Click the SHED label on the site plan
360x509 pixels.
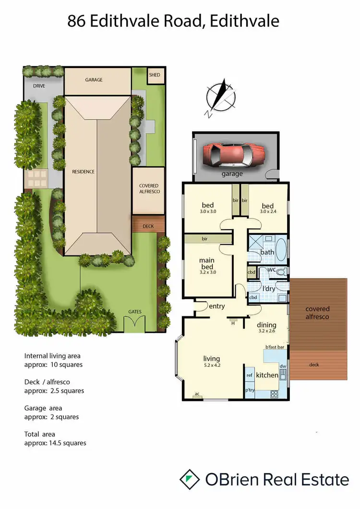point(155,75)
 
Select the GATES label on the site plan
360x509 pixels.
point(135,312)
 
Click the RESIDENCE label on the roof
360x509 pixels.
point(83,171)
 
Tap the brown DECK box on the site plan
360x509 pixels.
point(148,225)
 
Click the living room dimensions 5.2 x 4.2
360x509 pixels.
point(212,365)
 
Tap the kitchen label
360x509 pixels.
point(267,375)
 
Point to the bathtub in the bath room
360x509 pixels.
point(282,248)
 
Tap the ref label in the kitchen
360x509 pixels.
point(250,376)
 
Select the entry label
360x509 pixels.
point(216,306)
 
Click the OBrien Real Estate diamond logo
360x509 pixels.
point(190,479)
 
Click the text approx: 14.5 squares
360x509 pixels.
point(55,443)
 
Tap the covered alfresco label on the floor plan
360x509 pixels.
point(317,313)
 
